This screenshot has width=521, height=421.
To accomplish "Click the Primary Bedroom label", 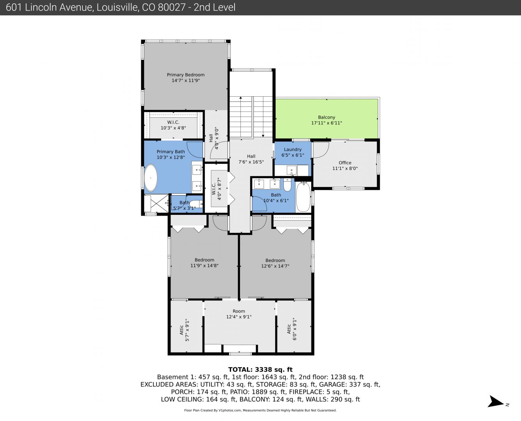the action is tap(186, 78).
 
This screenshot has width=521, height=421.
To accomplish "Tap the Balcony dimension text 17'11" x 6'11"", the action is tap(327, 123).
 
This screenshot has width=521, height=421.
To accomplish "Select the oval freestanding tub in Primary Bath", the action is tap(151, 178).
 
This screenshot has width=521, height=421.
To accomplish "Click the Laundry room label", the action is tap(293, 152).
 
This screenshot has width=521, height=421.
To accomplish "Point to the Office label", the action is tap(345, 165).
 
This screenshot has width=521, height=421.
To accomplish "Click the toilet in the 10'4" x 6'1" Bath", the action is tap(287, 185).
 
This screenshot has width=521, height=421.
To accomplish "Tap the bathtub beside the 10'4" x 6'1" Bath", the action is tap(303, 197).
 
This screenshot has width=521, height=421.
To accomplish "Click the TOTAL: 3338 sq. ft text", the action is tap(260, 370).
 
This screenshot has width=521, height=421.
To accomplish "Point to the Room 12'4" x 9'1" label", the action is tap(239, 314).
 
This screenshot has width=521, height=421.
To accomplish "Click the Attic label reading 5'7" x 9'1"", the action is tap(184, 330).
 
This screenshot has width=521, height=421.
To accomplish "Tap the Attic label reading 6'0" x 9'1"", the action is tap(292, 329).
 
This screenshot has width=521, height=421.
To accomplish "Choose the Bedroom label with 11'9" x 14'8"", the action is tap(204, 263).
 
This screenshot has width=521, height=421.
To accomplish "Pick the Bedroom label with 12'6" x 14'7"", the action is tap(275, 263).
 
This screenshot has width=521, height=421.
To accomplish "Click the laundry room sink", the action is tap(292, 170).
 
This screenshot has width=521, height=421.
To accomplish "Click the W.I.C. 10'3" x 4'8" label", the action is tap(173, 125).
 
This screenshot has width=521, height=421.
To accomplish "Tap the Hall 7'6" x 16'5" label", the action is tap(251, 159).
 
